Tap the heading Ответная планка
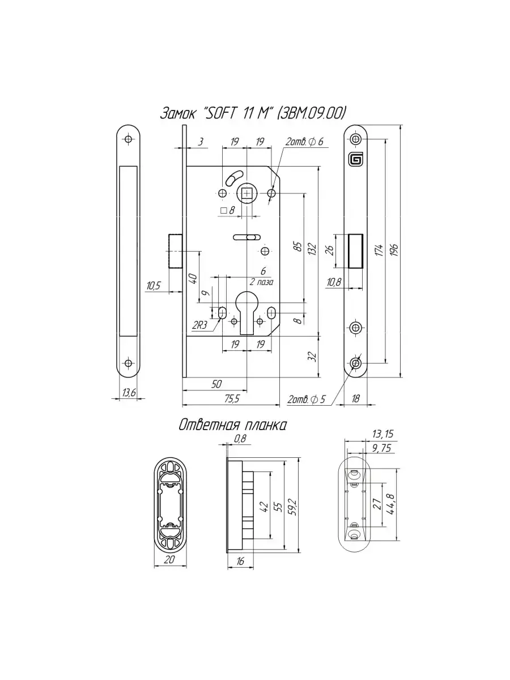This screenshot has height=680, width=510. coord(232,425)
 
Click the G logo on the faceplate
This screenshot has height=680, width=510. coord(356,160)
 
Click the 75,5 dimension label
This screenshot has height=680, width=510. coord(231,399)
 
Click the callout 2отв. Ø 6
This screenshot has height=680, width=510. coord(304,142)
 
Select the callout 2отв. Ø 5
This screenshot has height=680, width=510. coord(307,399)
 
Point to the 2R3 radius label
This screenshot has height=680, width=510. coord(199,325)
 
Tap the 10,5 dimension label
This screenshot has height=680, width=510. coord(154,286)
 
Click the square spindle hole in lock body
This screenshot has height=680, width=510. coord(247,194)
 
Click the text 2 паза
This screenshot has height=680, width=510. coord(262,282)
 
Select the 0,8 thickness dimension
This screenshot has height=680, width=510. coord(240,439)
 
